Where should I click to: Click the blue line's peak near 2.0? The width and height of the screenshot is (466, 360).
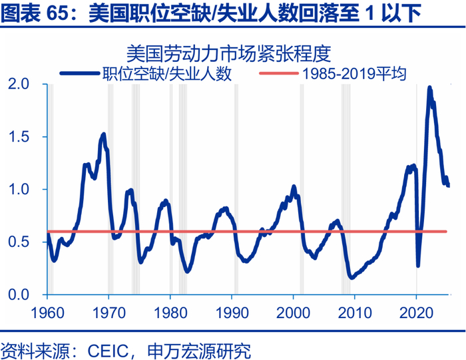(x=429, y=87)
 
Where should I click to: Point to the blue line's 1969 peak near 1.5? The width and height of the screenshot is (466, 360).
(x=103, y=134)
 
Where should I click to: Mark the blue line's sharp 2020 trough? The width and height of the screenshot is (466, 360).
(x=418, y=266)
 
